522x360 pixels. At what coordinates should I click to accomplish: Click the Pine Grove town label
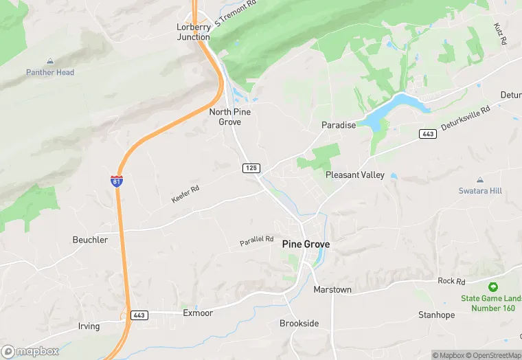pos(306,244)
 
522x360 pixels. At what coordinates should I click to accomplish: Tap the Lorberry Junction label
pos(193,32)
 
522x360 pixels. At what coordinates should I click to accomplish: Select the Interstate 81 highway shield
pos(117,181)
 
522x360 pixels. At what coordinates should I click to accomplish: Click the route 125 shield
pos(250,168)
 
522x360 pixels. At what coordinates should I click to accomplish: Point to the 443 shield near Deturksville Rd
pos(429,133)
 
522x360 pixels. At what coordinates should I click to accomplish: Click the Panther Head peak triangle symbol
pos(50,61)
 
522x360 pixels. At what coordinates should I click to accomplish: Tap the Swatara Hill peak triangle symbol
pos(481,179)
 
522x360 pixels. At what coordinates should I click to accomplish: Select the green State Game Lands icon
pos(492,286)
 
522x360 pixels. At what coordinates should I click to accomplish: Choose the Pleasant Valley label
pos(354,175)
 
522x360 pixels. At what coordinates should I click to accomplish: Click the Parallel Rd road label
pos(256,241)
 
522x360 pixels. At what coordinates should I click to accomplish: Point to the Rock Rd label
pos(451,281)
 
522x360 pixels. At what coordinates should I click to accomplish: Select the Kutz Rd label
pos(499,33)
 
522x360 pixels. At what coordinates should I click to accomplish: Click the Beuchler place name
pos(90,240)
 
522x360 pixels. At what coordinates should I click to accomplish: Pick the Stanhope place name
pos(436,315)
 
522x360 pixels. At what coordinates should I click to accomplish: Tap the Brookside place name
pos(299,323)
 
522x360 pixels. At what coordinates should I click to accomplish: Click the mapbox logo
pos(31,351)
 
